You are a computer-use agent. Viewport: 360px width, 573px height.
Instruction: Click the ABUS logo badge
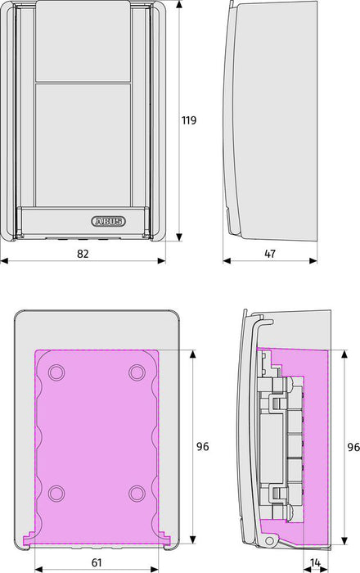108,221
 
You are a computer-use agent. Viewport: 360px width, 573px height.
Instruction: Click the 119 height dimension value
189,120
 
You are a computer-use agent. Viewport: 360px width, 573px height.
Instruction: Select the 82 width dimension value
83,254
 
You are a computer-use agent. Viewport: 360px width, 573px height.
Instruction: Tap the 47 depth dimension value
270,254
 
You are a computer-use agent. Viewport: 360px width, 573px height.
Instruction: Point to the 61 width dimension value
97,562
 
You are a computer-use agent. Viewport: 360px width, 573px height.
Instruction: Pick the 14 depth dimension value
316,562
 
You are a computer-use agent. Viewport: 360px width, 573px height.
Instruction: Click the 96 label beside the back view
203,446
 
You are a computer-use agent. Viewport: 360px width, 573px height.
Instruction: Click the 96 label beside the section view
353,447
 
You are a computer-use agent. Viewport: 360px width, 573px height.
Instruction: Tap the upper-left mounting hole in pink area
56,372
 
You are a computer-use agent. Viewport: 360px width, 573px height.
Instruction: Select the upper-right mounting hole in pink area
137,372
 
